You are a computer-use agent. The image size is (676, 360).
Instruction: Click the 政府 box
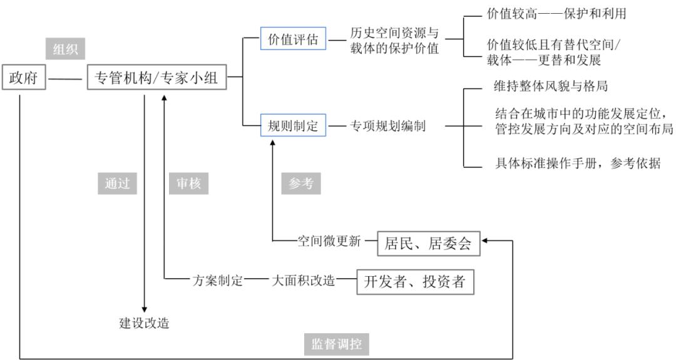[x=24, y=80]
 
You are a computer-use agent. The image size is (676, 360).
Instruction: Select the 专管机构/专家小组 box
[x=156, y=80]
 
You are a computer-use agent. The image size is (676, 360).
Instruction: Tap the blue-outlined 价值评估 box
[x=289, y=40]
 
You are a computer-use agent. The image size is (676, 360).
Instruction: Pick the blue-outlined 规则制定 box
[x=289, y=126]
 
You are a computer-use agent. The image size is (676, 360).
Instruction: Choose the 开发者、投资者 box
[x=415, y=281]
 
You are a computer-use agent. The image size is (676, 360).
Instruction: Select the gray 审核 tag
[x=188, y=183]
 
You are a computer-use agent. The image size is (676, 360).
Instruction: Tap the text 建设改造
[x=145, y=324]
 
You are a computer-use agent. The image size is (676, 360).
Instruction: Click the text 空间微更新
[x=329, y=241]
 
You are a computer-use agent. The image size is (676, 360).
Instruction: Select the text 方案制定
[x=217, y=281]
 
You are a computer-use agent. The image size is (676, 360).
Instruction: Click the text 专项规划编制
[x=388, y=126]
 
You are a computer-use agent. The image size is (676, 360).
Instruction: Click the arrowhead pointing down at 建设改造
[x=145, y=309]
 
